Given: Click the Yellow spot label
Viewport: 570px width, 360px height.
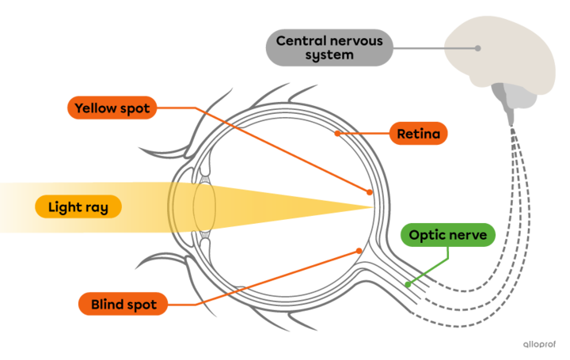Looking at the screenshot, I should pos(112,108).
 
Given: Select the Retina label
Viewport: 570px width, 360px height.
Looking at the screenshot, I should pos(418,134).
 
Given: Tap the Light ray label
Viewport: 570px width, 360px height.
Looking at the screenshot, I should pos(78,207).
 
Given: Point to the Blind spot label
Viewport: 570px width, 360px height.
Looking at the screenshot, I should pos(123,304).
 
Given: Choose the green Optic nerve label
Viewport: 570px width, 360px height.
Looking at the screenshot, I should pos(447,235).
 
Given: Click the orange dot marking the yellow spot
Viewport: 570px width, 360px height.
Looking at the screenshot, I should pos(370,191).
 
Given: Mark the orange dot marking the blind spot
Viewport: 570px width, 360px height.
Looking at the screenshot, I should pos(359,251).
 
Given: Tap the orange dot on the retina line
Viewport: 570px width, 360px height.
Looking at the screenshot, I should pos(337,134).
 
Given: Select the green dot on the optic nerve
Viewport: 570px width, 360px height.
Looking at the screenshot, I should pos(408,284).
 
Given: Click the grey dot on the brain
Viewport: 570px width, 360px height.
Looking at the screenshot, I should pos(478,48).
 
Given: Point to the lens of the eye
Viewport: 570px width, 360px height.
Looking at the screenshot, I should pos(203,207).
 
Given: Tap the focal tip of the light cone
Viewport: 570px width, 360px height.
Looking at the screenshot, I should pos(372,207).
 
